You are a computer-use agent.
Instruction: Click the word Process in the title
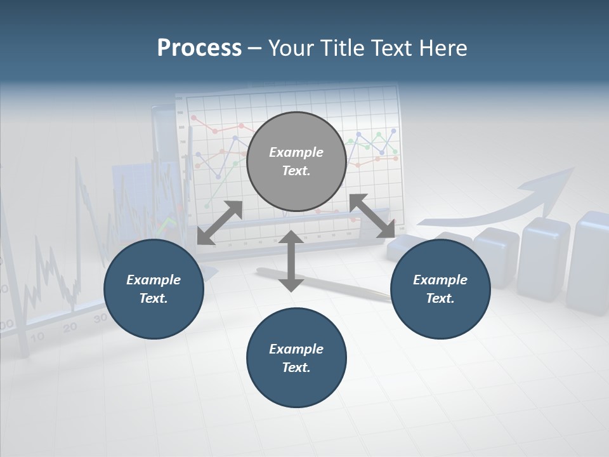(199, 48)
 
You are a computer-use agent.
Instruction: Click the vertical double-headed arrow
(291, 261)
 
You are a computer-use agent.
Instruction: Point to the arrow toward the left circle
(219, 223)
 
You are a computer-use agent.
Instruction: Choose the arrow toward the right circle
(372, 216)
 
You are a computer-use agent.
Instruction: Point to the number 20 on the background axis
(70, 328)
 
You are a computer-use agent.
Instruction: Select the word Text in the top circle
(296, 171)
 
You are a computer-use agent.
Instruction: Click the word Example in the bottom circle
(296, 349)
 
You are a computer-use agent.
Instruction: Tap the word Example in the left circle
(154, 280)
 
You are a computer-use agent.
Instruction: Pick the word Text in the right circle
(440, 298)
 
